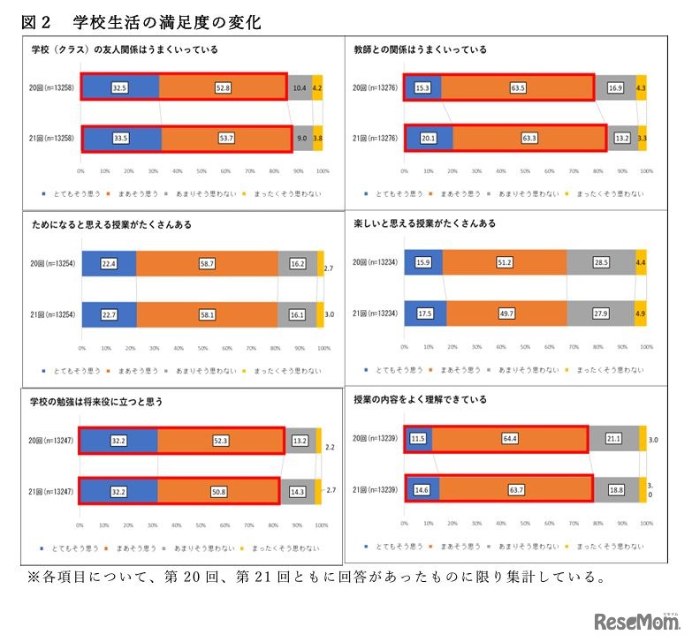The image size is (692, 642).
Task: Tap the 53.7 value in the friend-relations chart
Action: pos(226,139)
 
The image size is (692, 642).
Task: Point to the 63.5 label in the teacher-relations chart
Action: pos(517,88)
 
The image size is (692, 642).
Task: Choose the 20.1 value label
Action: pos(428,139)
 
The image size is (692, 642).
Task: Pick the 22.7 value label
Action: pos(109,313)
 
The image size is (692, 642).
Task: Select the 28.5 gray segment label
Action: pos(599,263)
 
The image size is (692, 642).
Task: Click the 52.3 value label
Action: pos(221,440)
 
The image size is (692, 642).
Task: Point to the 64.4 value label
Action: pos(510,439)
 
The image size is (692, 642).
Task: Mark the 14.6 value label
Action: pos(421,489)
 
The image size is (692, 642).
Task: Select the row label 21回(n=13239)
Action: pos(374,489)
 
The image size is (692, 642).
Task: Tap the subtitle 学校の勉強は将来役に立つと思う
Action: pos(96,402)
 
